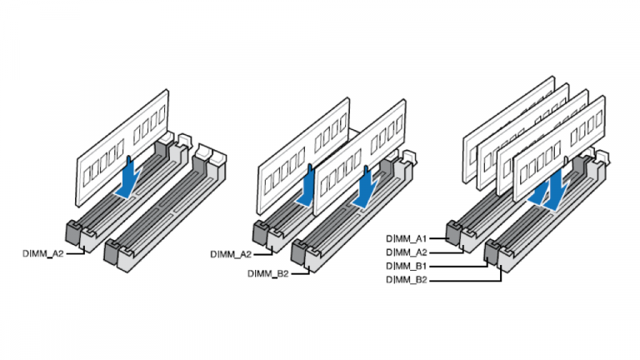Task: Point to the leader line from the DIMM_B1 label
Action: click(458, 266)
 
